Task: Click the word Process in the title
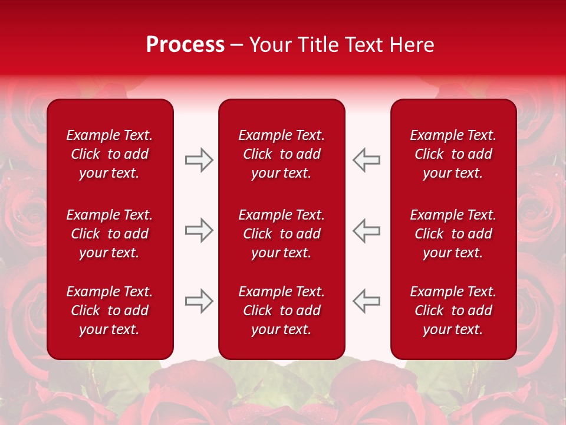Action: pyautogui.click(x=185, y=45)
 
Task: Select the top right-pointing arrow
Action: pyautogui.click(x=199, y=160)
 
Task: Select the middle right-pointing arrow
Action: pyautogui.click(x=199, y=230)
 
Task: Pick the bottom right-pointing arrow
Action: pyautogui.click(x=199, y=301)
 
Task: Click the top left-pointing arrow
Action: pyautogui.click(x=366, y=160)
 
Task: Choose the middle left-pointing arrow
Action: pyautogui.click(x=366, y=230)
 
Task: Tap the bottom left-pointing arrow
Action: pyautogui.click(x=366, y=301)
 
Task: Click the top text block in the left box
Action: pyautogui.click(x=110, y=154)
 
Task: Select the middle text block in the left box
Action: pyautogui.click(x=110, y=234)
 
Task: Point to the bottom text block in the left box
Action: pyautogui.click(x=110, y=310)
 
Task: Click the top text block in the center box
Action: pyautogui.click(x=282, y=154)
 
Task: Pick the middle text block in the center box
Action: pyautogui.click(x=282, y=234)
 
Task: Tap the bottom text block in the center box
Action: pyautogui.click(x=282, y=310)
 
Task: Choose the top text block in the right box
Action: pyautogui.click(x=453, y=154)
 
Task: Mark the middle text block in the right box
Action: pyautogui.click(x=453, y=234)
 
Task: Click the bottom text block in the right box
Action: pyautogui.click(x=453, y=310)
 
